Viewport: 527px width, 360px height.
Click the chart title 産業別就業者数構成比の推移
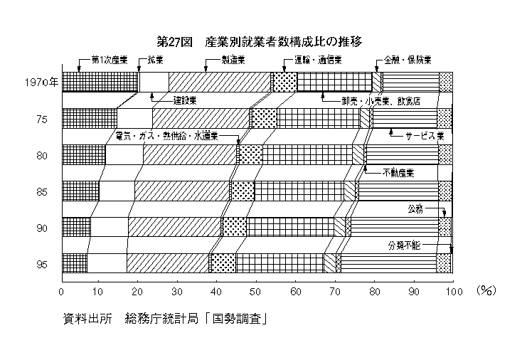point(283,42)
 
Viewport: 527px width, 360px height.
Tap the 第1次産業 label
point(110,60)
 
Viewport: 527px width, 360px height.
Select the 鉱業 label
point(155,60)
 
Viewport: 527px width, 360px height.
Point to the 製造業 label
point(233,60)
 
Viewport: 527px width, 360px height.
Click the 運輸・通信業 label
point(318,60)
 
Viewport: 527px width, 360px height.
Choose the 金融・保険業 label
point(408,60)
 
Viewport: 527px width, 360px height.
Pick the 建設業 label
point(184,100)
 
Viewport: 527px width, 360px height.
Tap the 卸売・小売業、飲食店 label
point(380,101)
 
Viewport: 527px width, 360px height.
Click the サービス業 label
point(425,136)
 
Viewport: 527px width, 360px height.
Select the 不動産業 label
point(398,173)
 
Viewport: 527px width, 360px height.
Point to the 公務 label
point(415,209)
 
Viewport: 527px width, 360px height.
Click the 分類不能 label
point(405,245)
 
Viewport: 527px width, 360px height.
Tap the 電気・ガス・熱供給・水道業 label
point(166,136)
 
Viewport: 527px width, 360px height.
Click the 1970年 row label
point(42,83)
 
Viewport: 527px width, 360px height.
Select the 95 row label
point(42,265)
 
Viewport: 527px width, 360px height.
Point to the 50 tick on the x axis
point(255,292)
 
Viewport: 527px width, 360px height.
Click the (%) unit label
point(486,291)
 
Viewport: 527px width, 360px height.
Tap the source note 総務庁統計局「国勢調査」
point(196,319)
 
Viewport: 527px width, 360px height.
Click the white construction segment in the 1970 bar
point(154,82)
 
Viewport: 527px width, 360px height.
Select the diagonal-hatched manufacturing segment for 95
point(168,263)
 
